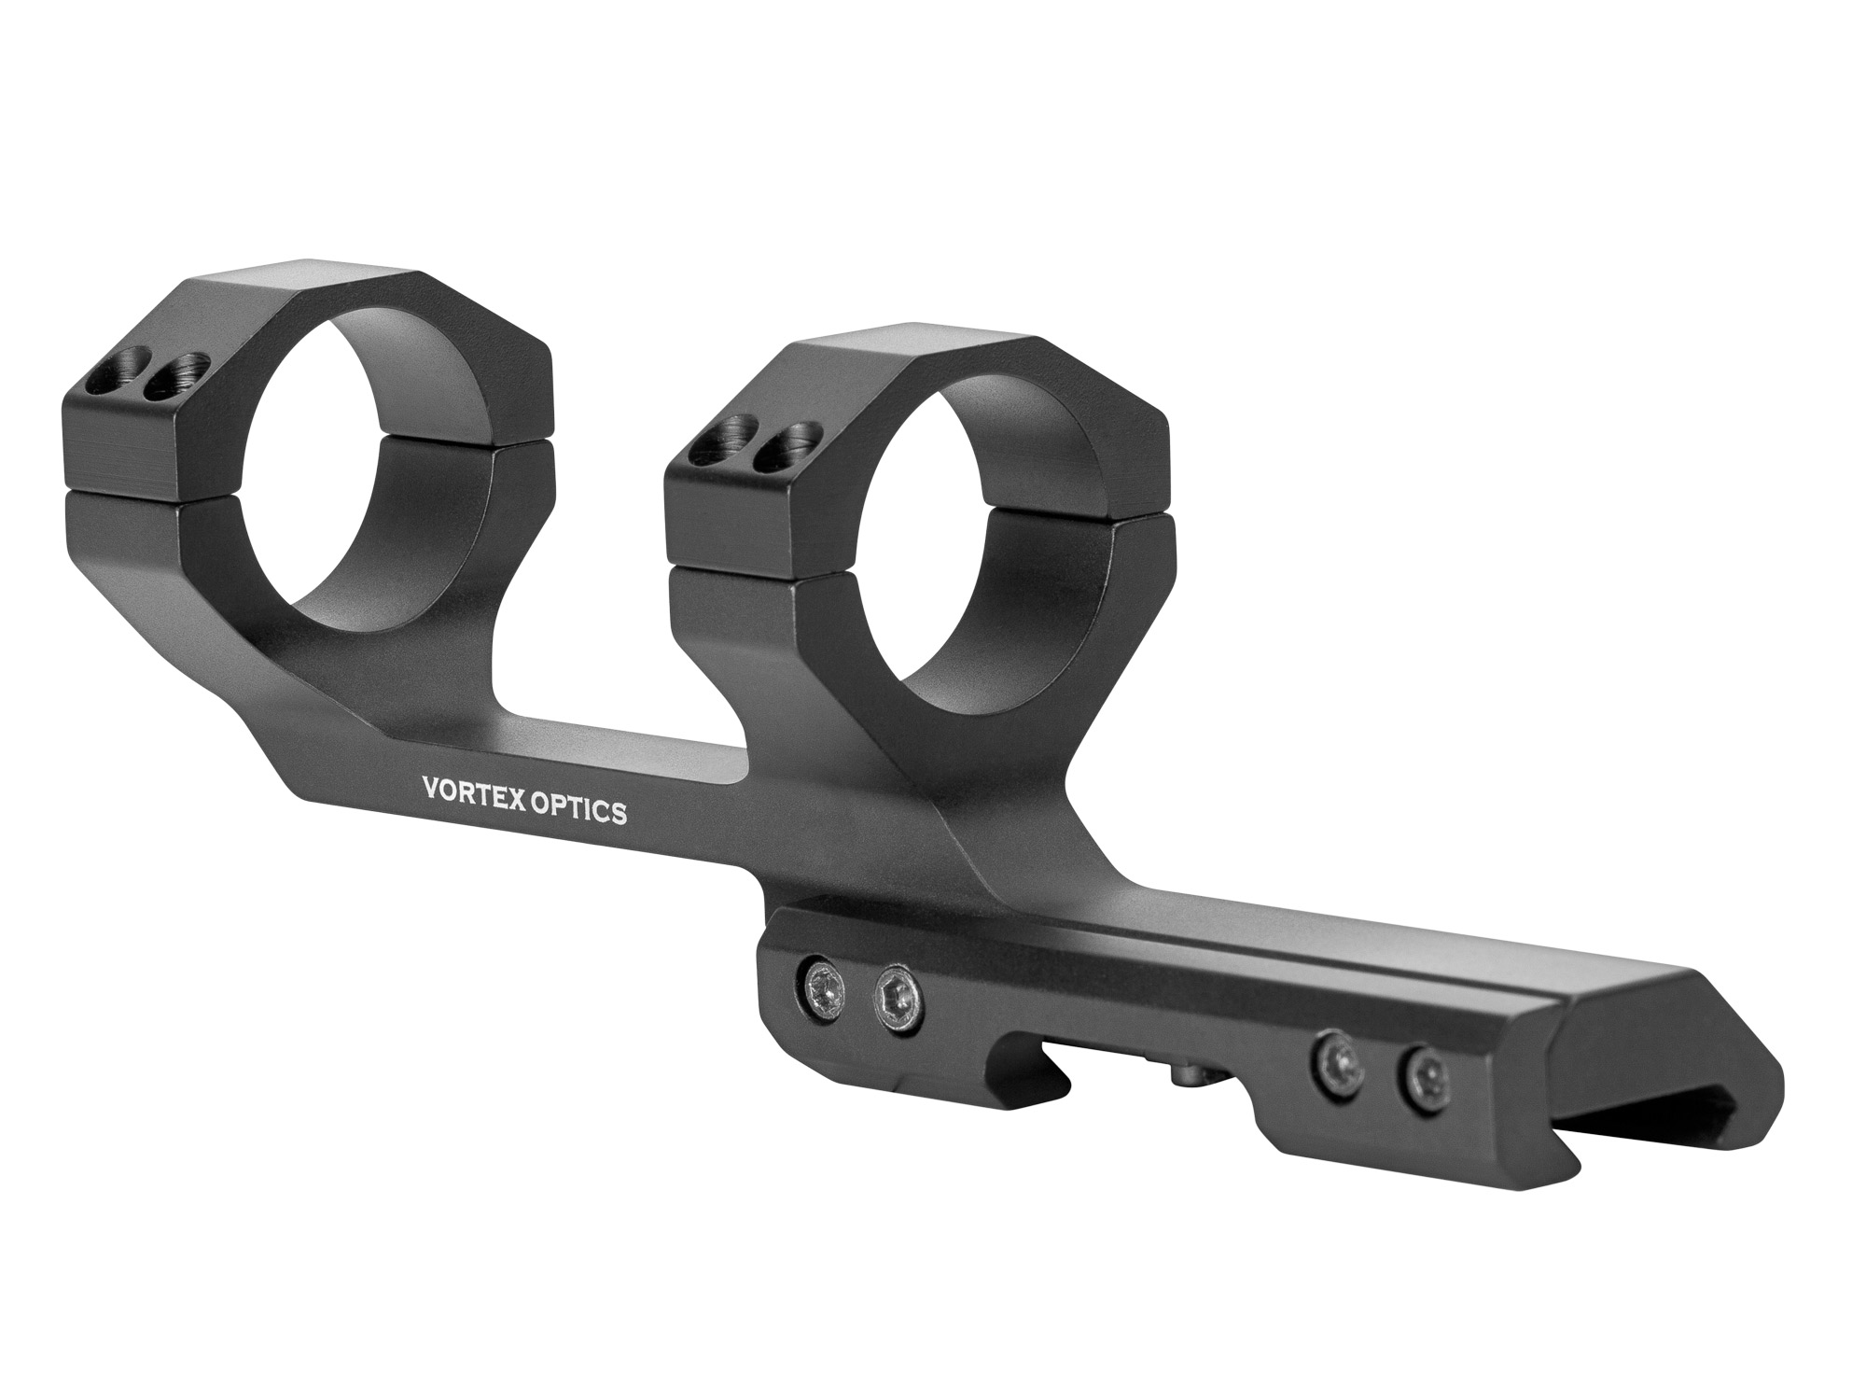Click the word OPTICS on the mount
pyautogui.click(x=579, y=810)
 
